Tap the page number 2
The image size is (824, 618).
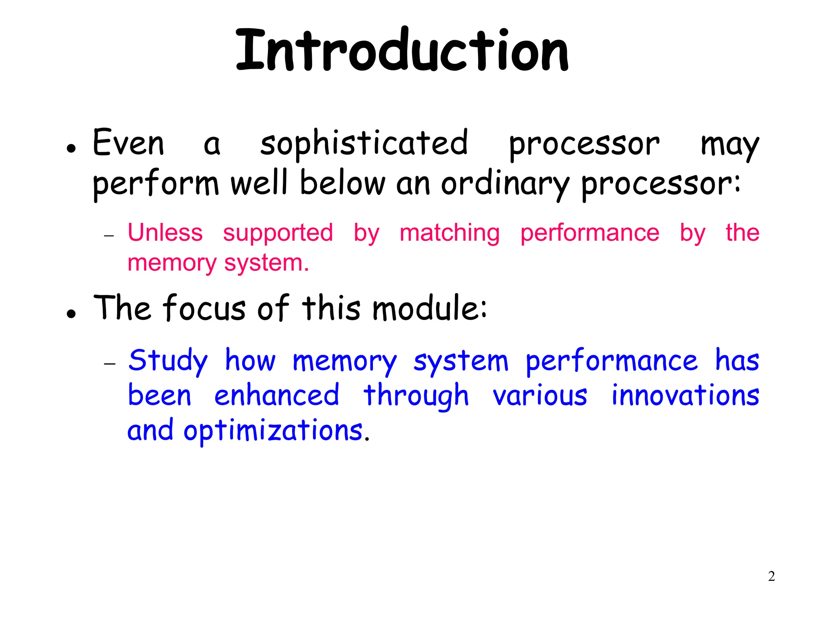point(771,576)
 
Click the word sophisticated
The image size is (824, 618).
point(364,144)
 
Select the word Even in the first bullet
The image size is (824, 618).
point(128,143)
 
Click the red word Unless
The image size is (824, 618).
point(165,233)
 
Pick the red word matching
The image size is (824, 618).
point(449,233)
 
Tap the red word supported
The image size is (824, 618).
point(278,233)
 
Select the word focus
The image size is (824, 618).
point(204,308)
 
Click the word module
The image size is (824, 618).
point(429,309)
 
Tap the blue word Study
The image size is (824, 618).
point(168,360)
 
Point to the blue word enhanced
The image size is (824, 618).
point(277,396)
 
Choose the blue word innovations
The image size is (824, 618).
point(685,395)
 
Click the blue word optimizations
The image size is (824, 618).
point(274,431)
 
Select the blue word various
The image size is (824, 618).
point(540,396)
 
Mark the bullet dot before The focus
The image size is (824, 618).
point(72,314)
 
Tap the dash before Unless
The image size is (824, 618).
point(109,236)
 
